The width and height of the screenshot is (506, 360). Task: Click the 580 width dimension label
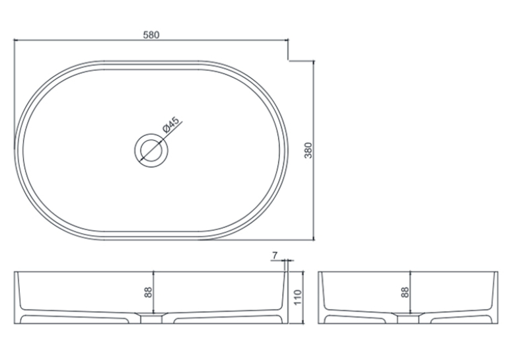151,35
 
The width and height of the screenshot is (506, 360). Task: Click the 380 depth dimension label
308,151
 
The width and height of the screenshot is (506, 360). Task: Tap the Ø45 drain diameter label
170,125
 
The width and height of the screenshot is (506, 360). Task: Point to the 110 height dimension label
297,297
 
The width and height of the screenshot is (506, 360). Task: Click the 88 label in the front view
148,292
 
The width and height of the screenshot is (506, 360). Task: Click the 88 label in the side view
405,292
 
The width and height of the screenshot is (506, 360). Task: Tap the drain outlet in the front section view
151,318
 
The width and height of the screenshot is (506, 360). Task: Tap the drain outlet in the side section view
408,318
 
